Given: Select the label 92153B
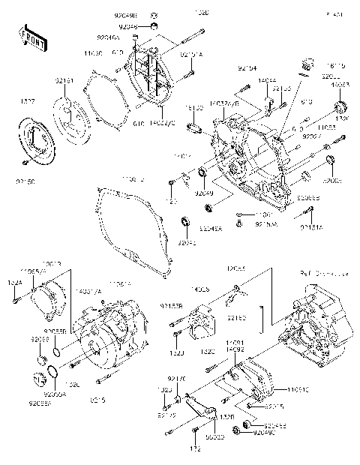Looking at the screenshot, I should click(169, 306).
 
